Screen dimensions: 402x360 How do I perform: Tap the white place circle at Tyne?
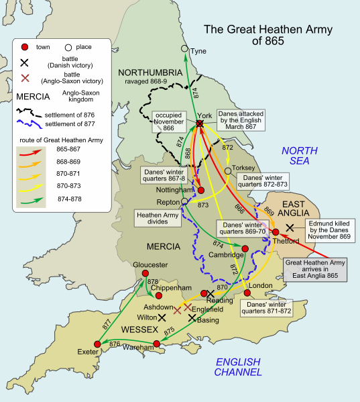coord(185,49)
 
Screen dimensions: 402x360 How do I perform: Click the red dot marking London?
coord(247,293)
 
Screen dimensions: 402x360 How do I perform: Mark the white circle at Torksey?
coord(228,171)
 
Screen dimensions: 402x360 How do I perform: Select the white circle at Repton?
coord(184,201)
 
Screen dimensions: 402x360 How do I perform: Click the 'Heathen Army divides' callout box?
coord(159,219)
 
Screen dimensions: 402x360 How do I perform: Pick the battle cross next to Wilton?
coord(162,317)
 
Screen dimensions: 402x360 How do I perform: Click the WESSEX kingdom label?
coord(140,330)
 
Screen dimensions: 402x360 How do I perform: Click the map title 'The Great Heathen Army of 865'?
coord(254,35)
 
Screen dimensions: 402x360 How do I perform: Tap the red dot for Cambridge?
coord(245,249)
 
